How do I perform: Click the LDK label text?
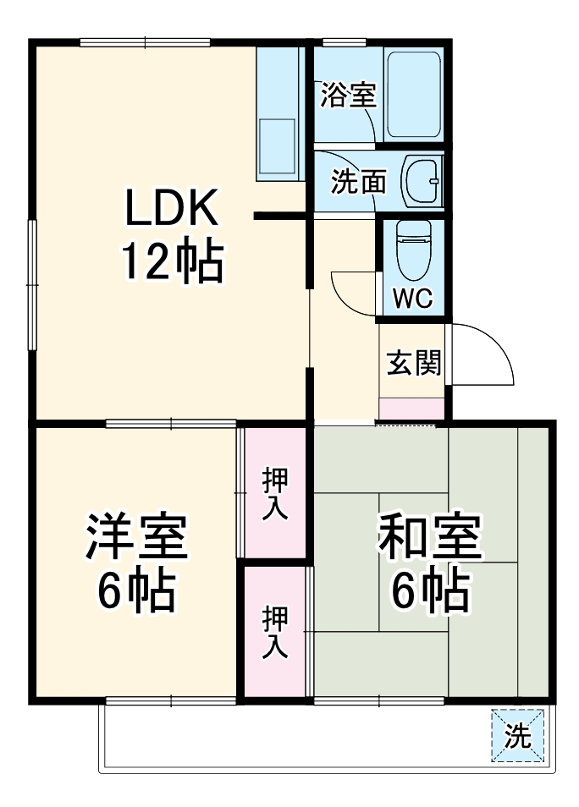[x=173, y=207]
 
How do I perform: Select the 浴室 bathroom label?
[x=347, y=96]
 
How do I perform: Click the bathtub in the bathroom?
[x=412, y=94]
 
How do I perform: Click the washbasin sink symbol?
[x=421, y=180]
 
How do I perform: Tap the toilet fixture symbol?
[x=412, y=250]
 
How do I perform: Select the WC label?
[x=412, y=299]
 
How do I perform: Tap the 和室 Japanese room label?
[x=429, y=538]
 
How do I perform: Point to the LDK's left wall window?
[x=32, y=283]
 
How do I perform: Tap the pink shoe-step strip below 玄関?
[x=411, y=409]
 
